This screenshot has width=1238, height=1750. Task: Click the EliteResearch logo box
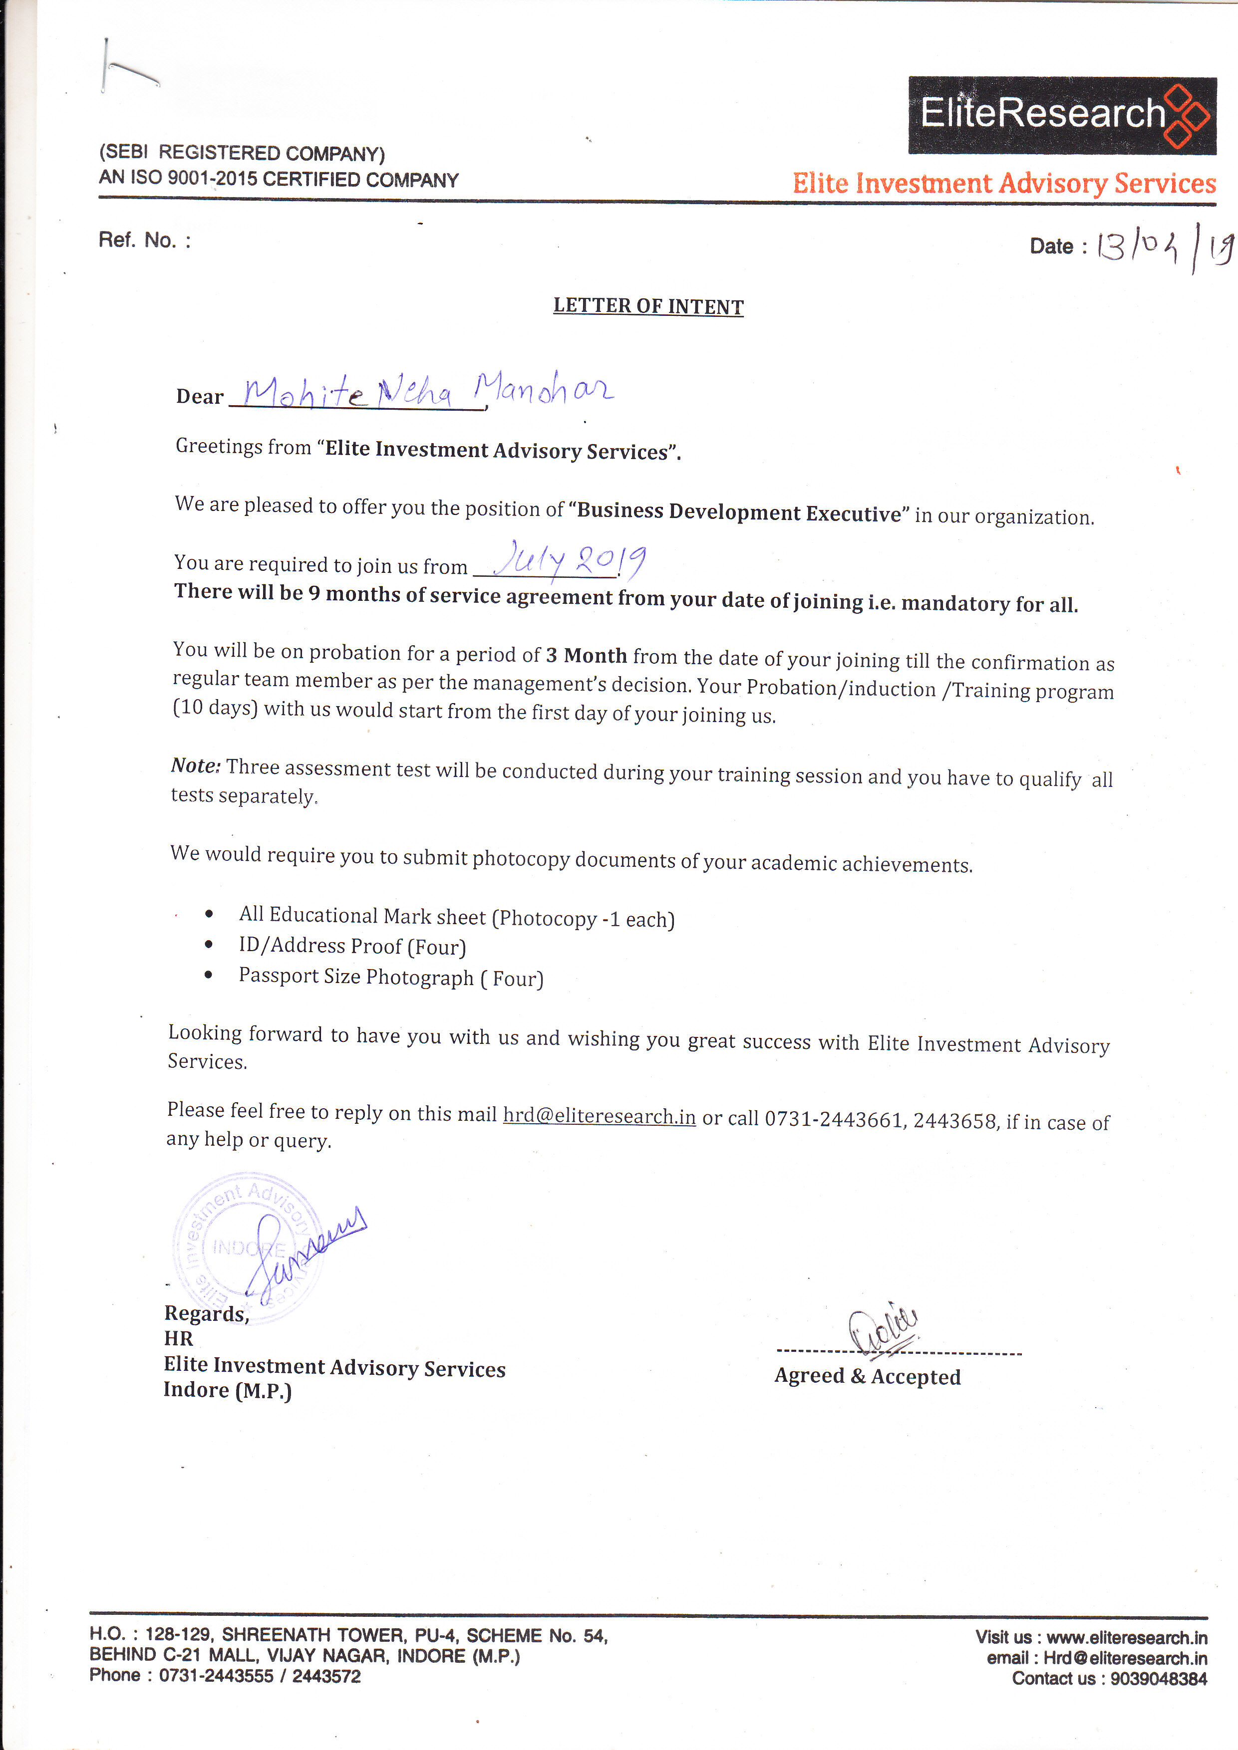(x=1061, y=115)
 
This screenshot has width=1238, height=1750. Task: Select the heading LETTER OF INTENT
(x=648, y=306)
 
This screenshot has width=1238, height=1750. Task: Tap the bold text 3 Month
(x=586, y=656)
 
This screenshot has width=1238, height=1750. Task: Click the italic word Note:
(x=195, y=765)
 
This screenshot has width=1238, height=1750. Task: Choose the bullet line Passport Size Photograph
(x=390, y=977)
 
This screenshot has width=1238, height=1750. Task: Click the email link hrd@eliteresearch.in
(x=599, y=1116)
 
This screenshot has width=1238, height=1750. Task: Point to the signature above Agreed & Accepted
(x=884, y=1329)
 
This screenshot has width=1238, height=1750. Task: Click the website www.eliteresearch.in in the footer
(x=1126, y=1637)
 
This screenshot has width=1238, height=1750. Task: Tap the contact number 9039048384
(x=1158, y=1678)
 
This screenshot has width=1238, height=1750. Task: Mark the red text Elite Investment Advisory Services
(x=1003, y=184)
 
